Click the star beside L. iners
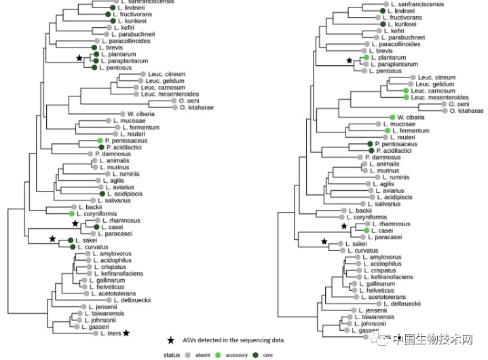point(126,333)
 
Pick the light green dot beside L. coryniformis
point(71,213)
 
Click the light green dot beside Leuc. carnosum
point(406,90)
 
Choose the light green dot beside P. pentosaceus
point(100,141)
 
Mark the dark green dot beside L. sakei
point(70,240)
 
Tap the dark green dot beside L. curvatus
point(71,247)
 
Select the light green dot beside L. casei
point(366,230)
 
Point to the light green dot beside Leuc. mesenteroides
point(406,97)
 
